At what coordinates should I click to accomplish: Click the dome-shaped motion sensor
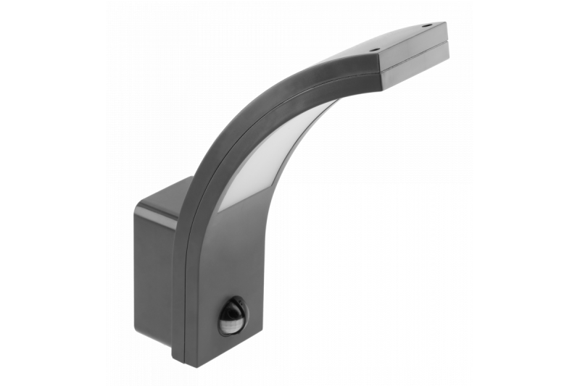point(232,317)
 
